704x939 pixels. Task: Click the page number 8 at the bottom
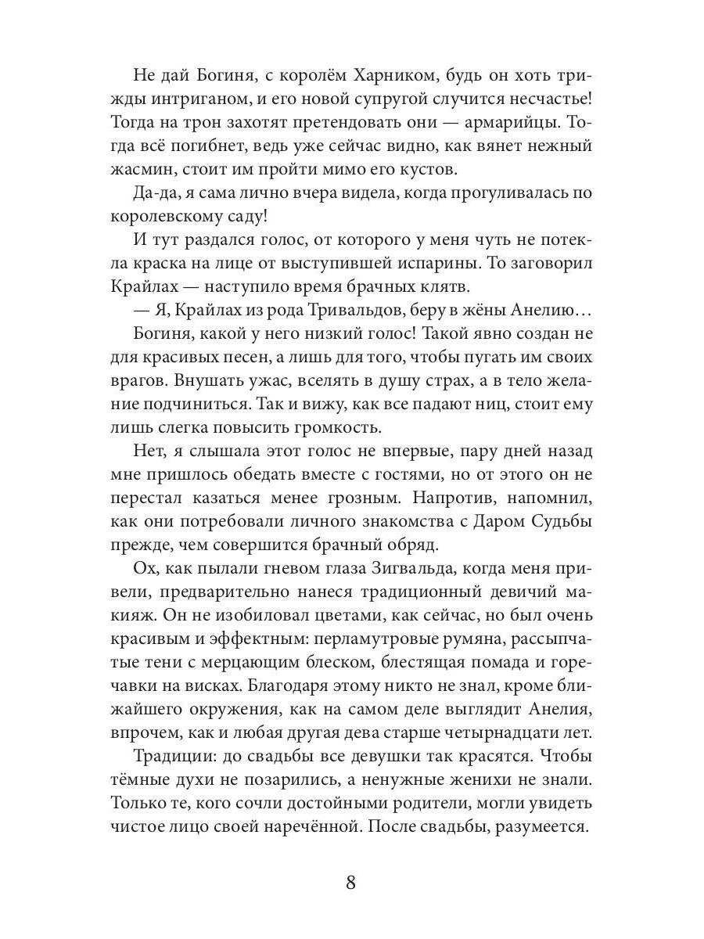(351, 883)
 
